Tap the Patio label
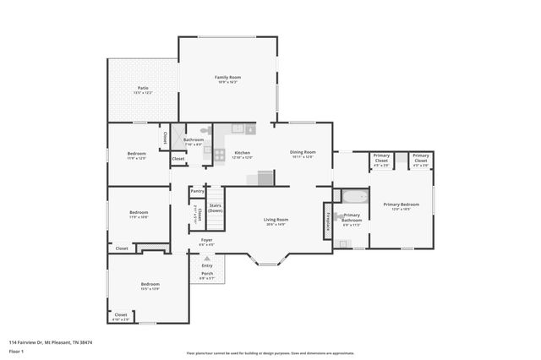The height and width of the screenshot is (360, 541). pyautogui.click(x=144, y=88)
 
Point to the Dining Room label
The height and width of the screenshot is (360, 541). pyautogui.click(x=303, y=152)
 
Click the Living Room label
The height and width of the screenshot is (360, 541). pyautogui.click(x=276, y=220)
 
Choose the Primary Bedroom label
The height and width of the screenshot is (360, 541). pyautogui.click(x=401, y=205)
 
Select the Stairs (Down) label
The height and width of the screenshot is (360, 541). pyautogui.click(x=216, y=207)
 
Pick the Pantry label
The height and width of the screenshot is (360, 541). pyautogui.click(x=197, y=191)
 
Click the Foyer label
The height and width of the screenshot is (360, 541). pyautogui.click(x=206, y=240)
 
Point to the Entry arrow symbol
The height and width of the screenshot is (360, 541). pyautogui.click(x=207, y=258)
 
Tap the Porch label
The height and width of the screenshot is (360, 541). pyautogui.click(x=206, y=273)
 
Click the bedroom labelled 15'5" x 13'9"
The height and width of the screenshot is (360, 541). pyautogui.click(x=150, y=285)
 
